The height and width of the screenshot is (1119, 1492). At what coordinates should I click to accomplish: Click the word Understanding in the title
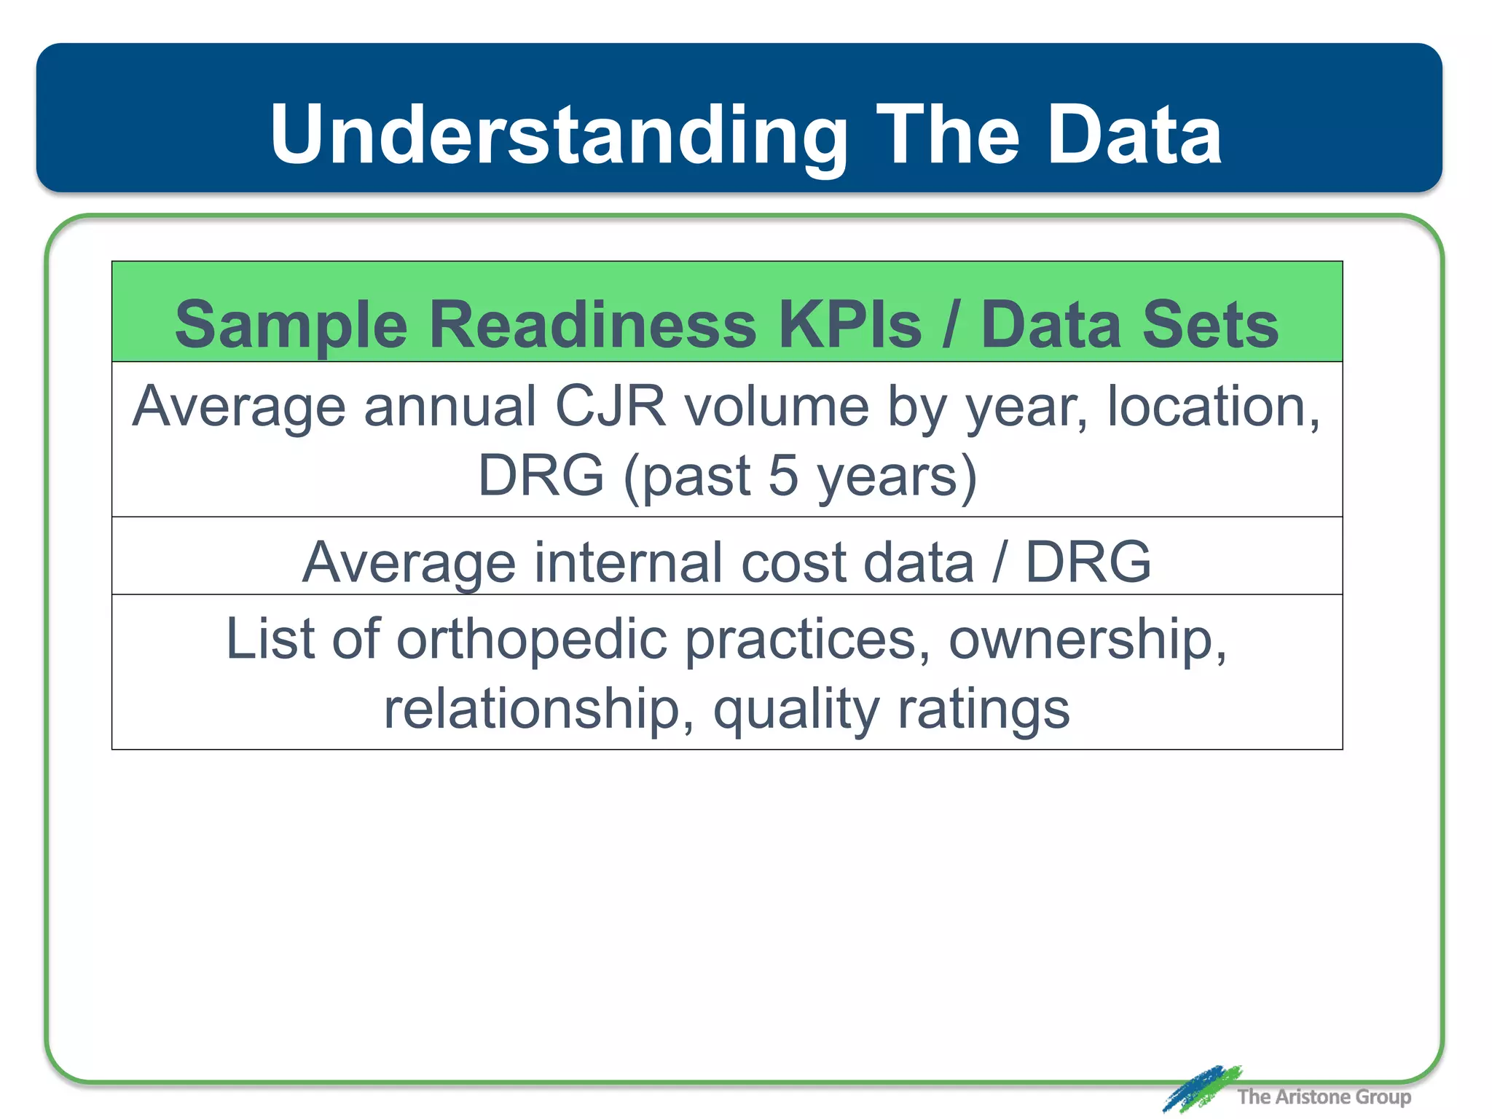pos(558,136)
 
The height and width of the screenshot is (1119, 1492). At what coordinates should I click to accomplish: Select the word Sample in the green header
pos(290,325)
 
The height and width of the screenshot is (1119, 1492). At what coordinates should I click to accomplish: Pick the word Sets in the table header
pos(1210,325)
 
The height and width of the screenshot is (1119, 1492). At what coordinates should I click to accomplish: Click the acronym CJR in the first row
pos(610,407)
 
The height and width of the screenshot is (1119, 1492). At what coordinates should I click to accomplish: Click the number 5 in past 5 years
pos(783,476)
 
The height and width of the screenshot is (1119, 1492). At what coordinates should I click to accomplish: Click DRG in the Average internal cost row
pos(1088,562)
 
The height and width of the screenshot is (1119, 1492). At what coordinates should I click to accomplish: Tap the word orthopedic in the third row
pos(532,640)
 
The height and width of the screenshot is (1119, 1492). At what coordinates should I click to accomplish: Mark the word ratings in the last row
pos(983,710)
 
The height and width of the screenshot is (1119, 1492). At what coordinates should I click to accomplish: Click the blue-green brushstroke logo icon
pos(1200,1088)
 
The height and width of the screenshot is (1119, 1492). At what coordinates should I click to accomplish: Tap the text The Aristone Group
pos(1324,1097)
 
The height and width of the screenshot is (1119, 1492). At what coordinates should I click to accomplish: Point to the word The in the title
pos(946,136)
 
